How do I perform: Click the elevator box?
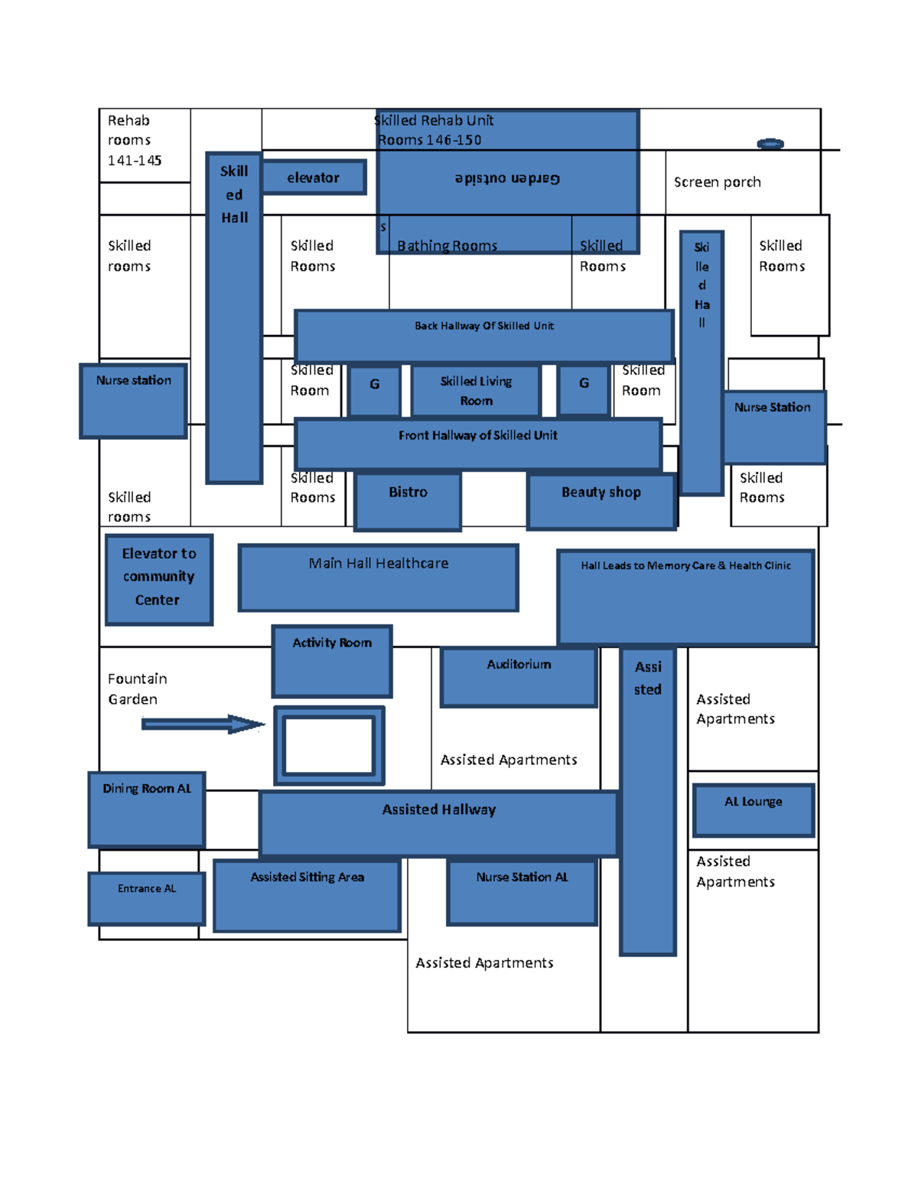(314, 177)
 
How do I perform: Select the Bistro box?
(408, 500)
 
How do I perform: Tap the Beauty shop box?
(601, 500)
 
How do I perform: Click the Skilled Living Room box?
(476, 390)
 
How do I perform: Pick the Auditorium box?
(519, 676)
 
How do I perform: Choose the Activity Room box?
(332, 661)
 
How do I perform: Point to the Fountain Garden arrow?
(203, 724)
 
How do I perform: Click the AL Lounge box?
(754, 810)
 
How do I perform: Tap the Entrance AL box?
(147, 898)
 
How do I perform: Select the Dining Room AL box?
(147, 809)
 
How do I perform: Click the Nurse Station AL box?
(522, 892)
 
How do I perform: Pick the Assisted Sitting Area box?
(307, 895)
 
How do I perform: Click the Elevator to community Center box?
(158, 579)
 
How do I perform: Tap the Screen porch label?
(717, 182)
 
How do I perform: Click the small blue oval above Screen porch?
(770, 144)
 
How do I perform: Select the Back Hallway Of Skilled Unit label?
(484, 326)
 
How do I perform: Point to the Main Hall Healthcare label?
(379, 564)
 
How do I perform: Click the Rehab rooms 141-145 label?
(134, 140)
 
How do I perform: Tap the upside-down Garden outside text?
(507, 179)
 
